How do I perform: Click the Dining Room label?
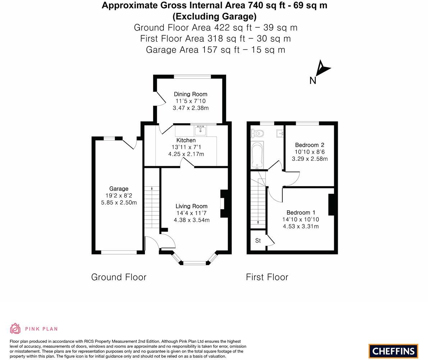point(190,94)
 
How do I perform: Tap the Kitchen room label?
point(186,140)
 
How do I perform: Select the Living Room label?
point(191,206)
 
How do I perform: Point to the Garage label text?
point(119,189)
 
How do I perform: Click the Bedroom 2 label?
point(309,145)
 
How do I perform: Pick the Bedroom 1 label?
point(301,213)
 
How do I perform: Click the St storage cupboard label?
point(258,241)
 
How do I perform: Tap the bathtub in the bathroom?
point(257,155)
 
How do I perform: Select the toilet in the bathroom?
point(258,134)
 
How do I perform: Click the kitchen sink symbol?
point(201,130)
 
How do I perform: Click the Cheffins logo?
point(393,351)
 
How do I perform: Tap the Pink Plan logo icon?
point(15,328)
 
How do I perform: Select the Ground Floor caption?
point(119,277)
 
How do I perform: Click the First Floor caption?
point(267,277)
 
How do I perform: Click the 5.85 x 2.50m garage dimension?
point(119,202)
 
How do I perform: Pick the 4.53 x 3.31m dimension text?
point(300,226)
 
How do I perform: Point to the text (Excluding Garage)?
point(215,16)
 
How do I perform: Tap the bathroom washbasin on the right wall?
point(280,134)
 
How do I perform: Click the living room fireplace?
point(224,204)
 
